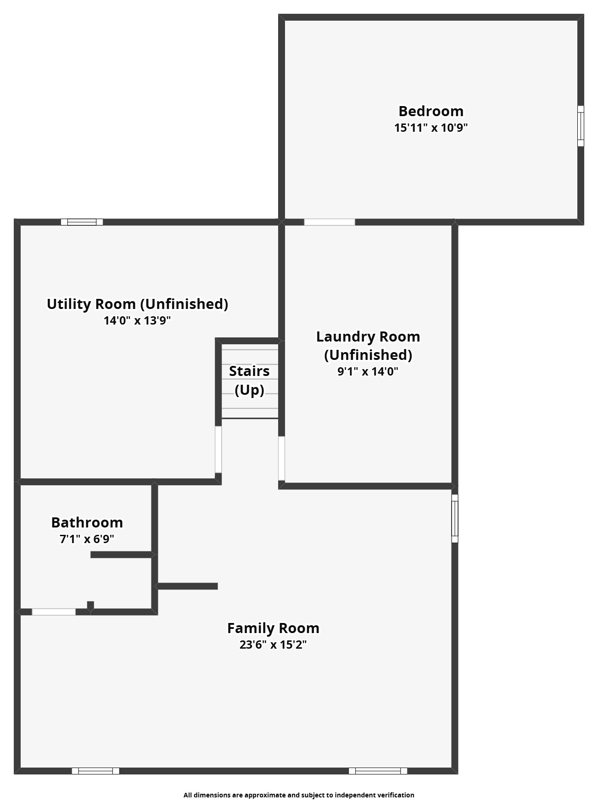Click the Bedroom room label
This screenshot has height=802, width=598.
pyautogui.click(x=430, y=111)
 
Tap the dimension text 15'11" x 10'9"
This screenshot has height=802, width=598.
pyautogui.click(x=430, y=128)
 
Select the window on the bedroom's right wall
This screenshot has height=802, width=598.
pyautogui.click(x=581, y=126)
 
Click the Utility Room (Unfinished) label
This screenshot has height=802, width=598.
pyautogui.click(x=137, y=304)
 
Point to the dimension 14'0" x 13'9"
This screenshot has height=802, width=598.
pyautogui.click(x=137, y=320)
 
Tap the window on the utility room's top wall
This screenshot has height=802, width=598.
pyautogui.click(x=82, y=222)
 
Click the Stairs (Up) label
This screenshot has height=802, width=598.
pyautogui.click(x=249, y=380)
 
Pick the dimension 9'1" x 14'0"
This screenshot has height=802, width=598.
pyautogui.click(x=368, y=371)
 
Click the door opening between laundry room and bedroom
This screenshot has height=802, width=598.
pyautogui.click(x=330, y=222)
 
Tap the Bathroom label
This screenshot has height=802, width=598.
pyautogui.click(x=87, y=522)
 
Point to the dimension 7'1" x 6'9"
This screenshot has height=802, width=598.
pyautogui.click(x=87, y=539)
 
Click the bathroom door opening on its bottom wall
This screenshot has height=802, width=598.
pyautogui.click(x=54, y=612)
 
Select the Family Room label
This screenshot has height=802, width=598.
pyautogui.click(x=273, y=628)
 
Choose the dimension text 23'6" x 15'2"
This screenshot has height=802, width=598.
pyautogui.click(x=273, y=645)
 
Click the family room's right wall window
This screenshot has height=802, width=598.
pyautogui.click(x=455, y=518)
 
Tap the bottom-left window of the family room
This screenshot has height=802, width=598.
pyautogui.click(x=95, y=771)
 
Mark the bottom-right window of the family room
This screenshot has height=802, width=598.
pyautogui.click(x=378, y=771)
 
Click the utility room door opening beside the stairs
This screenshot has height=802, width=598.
pyautogui.click(x=218, y=449)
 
